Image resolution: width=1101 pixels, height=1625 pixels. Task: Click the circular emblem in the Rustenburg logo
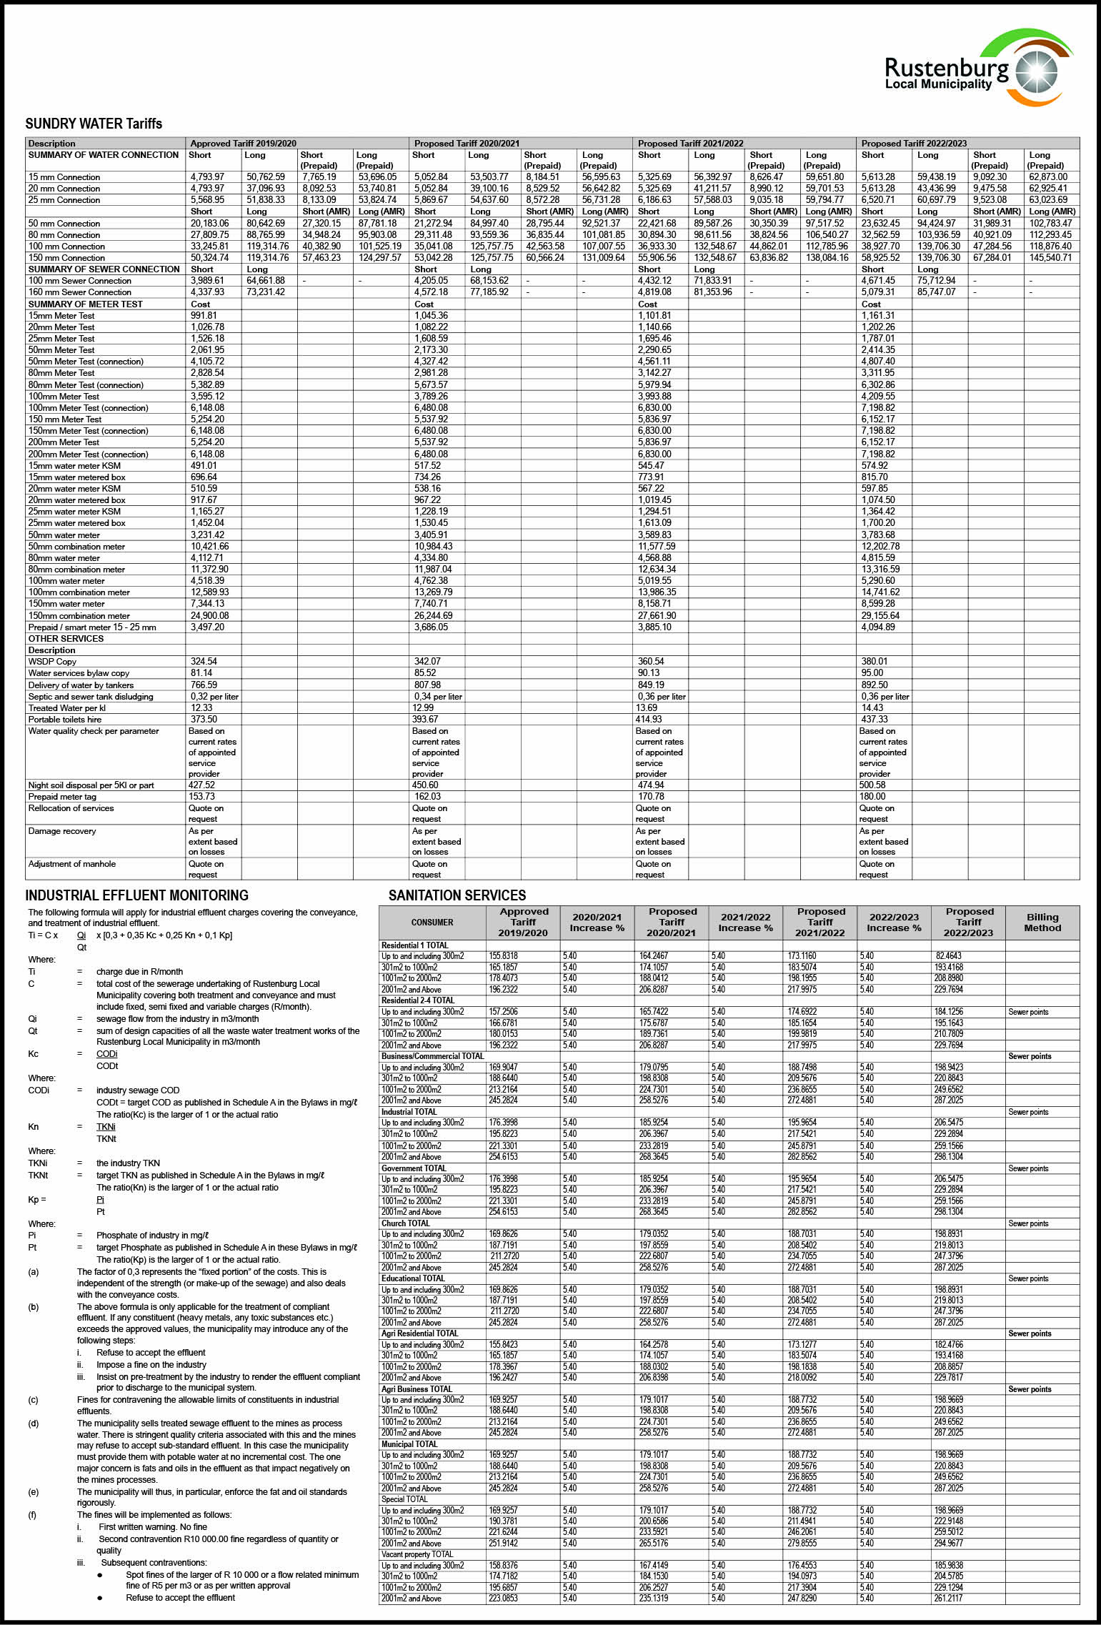tap(1036, 71)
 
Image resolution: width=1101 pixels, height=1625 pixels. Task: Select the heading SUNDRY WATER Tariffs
tap(94, 124)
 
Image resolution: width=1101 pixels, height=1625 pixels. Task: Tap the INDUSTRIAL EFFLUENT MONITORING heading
tap(136, 895)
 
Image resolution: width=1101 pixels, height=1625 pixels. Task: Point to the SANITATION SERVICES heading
tap(457, 895)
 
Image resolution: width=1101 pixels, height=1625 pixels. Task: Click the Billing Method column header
tap(1042, 922)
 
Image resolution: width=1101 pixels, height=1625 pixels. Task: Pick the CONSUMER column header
tap(432, 923)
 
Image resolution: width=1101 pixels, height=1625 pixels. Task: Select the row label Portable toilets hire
tap(65, 720)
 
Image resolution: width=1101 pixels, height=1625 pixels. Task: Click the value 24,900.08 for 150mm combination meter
tap(209, 615)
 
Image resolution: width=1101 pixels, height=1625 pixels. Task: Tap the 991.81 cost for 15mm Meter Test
tap(204, 315)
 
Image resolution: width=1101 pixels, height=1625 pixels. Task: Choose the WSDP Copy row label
tap(52, 662)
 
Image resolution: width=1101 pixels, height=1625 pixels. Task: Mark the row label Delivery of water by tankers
tap(81, 685)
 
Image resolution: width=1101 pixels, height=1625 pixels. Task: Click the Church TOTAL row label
tap(405, 1223)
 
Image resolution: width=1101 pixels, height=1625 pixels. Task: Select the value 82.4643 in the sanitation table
tap(948, 955)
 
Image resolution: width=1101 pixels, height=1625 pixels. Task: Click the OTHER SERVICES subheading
tap(66, 639)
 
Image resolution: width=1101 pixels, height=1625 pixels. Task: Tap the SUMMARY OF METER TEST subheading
tap(85, 304)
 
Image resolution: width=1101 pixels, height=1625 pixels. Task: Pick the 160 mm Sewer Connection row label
tap(79, 292)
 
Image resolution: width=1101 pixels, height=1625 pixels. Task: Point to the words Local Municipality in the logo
tap(938, 84)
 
